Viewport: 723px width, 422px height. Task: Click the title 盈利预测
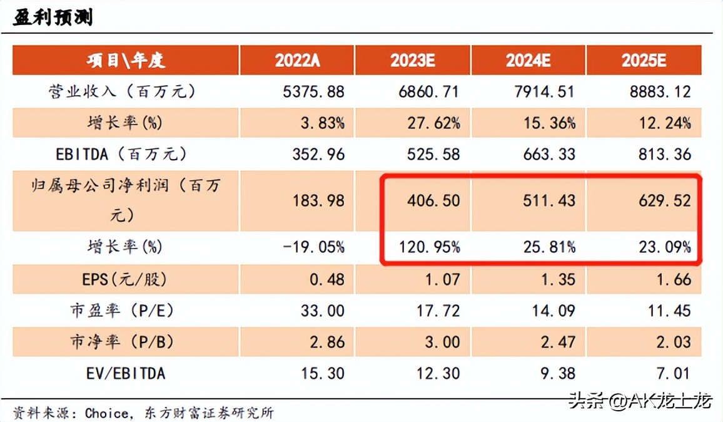pyautogui.click(x=53, y=17)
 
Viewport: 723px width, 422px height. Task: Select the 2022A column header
pyautogui.click(x=297, y=60)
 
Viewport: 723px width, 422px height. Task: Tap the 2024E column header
pyautogui.click(x=528, y=60)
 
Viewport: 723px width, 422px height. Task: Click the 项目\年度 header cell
pyautogui.click(x=126, y=60)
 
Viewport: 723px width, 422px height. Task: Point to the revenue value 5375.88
pyautogui.click(x=313, y=92)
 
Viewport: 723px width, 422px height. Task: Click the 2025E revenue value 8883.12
pyautogui.click(x=660, y=92)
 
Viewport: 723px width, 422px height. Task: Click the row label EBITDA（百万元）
pyautogui.click(x=126, y=154)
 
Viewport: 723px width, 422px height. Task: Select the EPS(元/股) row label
pyautogui.click(x=125, y=279)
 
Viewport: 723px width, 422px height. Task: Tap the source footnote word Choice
pyautogui.click(x=107, y=413)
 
